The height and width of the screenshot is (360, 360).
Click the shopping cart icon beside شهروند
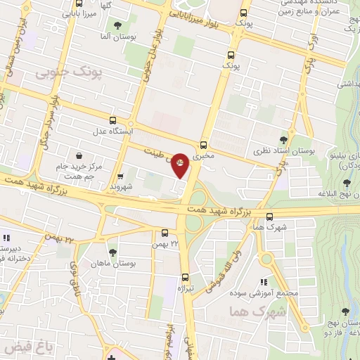click(x=120, y=176)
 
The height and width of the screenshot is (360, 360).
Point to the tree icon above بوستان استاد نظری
click(x=283, y=140)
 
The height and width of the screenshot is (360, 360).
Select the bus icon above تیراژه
click(x=185, y=277)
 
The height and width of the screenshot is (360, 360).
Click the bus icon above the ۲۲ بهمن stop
click(x=165, y=233)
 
